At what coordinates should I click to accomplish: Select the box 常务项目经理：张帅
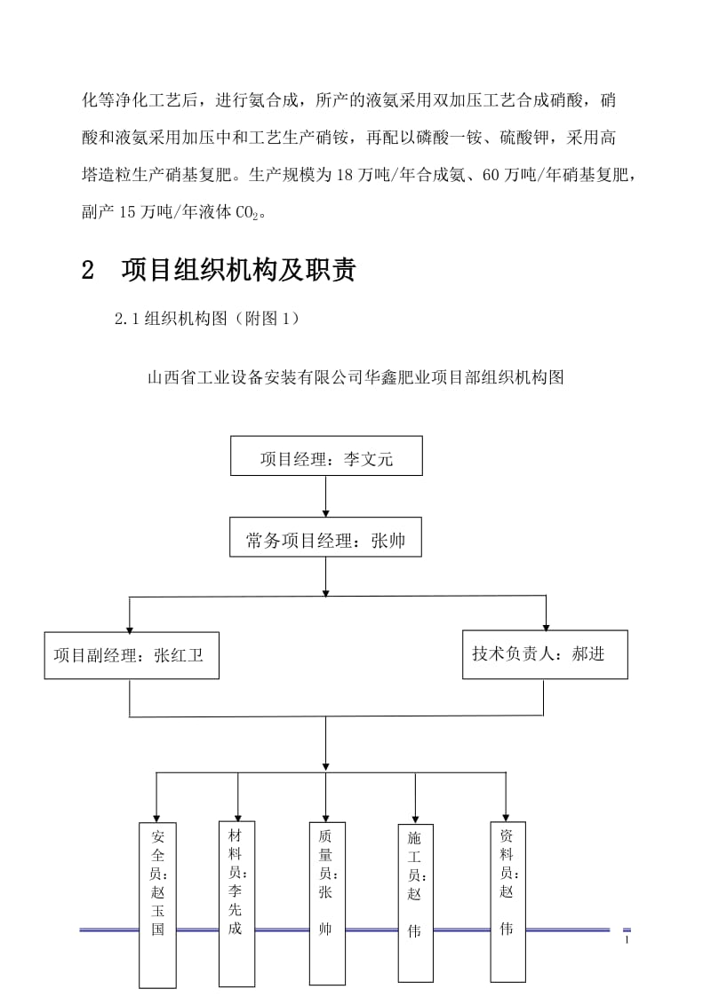click(325, 540)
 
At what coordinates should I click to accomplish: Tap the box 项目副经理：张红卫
click(132, 655)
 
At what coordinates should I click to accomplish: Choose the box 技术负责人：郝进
click(545, 654)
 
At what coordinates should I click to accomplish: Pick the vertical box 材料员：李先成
click(236, 903)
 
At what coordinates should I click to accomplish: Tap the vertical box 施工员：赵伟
click(415, 904)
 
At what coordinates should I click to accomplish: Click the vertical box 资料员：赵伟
click(506, 900)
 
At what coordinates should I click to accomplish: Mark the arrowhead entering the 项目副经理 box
click(131, 625)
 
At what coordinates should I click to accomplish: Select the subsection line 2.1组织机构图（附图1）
click(207, 320)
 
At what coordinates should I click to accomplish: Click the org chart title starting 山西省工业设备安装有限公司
click(355, 376)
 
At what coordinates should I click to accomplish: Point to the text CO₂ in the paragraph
click(251, 213)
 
